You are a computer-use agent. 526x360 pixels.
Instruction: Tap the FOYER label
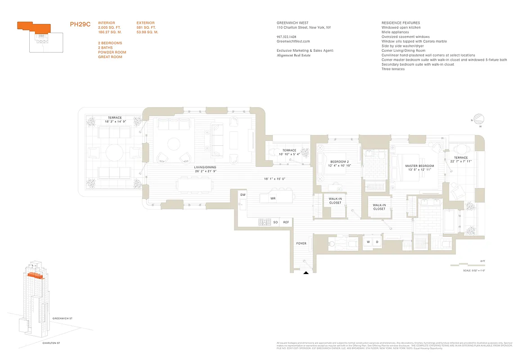[301, 243]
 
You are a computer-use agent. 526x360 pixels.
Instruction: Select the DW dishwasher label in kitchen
[243, 195]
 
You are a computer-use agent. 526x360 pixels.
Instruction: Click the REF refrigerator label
[286, 222]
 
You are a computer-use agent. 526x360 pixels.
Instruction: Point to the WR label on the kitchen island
[273, 198]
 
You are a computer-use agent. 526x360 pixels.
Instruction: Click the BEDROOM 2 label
[337, 162]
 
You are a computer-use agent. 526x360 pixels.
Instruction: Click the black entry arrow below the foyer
[306, 272]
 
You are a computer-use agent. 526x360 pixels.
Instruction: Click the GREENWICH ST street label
[62, 318]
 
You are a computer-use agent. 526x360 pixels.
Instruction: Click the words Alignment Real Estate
[293, 55]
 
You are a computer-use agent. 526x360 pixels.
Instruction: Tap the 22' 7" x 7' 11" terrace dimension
[461, 161]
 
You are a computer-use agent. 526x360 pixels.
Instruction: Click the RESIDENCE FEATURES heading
[400, 23]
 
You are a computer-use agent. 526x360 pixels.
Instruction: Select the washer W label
[368, 242]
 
